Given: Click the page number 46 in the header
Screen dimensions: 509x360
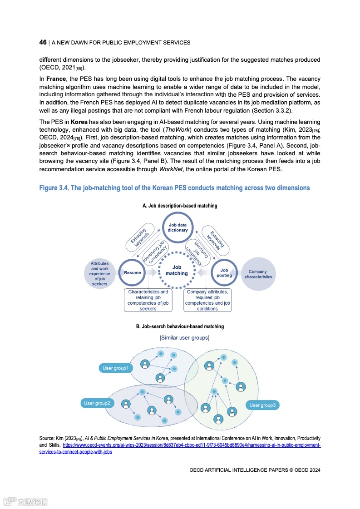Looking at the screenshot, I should (43, 42).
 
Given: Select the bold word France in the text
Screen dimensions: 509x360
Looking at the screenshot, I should (56, 79).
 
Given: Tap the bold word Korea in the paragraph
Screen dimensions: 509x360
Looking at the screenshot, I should (79, 122).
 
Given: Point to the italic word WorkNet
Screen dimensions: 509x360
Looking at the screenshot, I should (170, 169).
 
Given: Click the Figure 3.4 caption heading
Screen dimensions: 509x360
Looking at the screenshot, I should (174, 188).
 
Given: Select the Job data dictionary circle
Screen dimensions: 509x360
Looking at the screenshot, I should (178, 227).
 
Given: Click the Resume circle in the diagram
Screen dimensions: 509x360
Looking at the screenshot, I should (133, 272).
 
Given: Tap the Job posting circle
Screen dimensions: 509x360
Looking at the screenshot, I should (224, 272).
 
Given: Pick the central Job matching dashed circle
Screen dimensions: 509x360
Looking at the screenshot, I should (177, 271).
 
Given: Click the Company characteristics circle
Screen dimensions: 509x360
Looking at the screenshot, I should (258, 274).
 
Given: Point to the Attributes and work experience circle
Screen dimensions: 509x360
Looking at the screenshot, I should (100, 273).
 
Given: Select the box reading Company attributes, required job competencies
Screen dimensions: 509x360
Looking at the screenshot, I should (207, 300).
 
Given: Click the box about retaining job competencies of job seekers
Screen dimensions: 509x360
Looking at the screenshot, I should (148, 300).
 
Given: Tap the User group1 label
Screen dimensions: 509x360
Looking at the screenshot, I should (115, 368).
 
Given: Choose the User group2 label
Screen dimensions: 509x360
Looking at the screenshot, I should (97, 403).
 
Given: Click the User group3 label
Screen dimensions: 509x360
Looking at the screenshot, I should (262, 405).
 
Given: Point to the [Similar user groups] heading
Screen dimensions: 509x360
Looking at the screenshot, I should (184, 338).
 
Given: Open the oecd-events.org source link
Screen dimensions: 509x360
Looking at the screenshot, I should (191, 445).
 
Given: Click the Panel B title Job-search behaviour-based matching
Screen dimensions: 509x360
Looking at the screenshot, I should (180, 326).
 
